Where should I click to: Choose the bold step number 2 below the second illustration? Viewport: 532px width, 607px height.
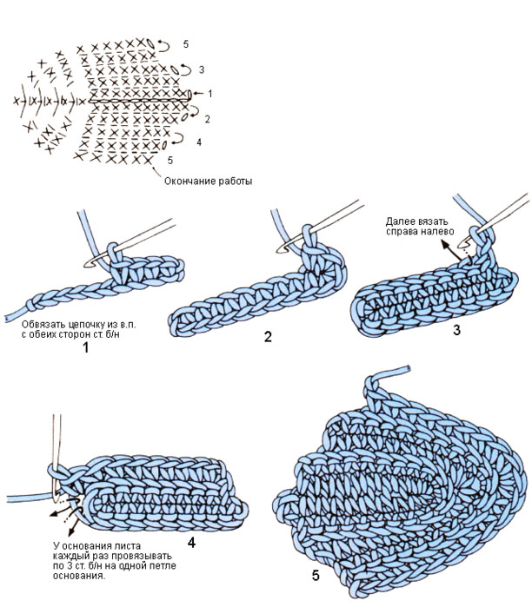[x=269, y=334]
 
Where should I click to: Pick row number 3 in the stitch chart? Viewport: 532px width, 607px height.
[x=201, y=69]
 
